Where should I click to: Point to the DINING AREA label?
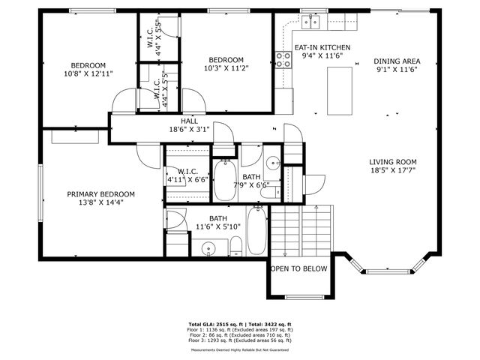coord(397,61)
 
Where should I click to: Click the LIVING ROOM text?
coord(392,162)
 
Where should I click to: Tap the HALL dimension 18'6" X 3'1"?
coord(188,129)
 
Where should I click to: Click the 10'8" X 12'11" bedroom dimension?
coord(88,73)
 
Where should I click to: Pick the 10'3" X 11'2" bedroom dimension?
coord(226,68)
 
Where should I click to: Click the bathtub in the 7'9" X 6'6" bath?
coord(223,181)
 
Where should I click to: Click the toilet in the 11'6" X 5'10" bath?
coord(235,244)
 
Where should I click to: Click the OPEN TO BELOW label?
coord(298,268)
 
